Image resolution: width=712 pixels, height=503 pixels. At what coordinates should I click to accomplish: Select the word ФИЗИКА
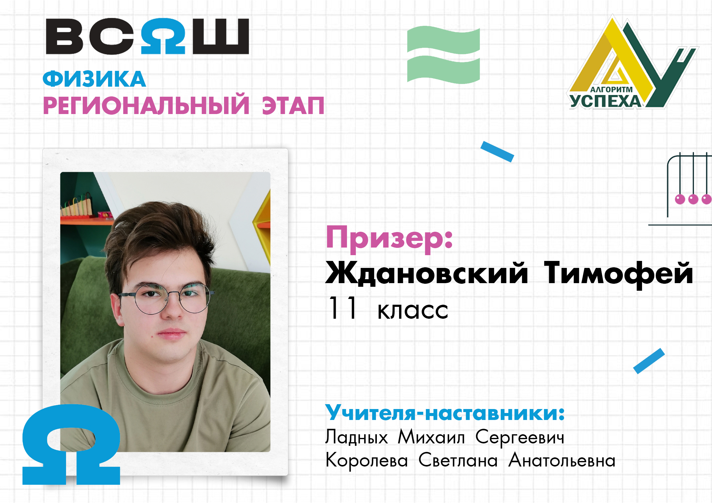94,79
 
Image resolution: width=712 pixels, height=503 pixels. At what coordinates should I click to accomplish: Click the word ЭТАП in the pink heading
293,106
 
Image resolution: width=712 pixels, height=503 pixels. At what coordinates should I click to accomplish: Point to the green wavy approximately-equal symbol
444,55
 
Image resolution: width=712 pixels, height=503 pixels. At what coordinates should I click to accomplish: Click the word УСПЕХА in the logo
606,101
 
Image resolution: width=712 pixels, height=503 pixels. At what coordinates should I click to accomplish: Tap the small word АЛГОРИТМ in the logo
612,89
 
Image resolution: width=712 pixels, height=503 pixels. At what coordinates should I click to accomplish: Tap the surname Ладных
357,437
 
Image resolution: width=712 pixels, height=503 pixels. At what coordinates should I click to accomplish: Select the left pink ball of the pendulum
680,199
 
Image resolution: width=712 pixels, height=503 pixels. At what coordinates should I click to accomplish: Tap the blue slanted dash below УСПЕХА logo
497,151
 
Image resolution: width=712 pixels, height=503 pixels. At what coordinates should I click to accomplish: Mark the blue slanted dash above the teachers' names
649,361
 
